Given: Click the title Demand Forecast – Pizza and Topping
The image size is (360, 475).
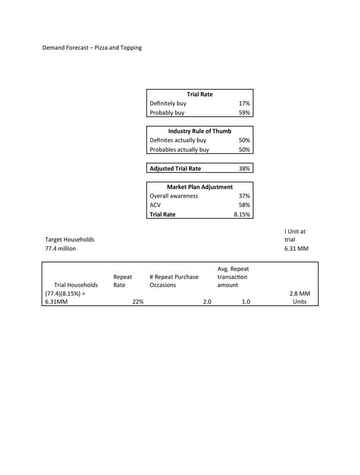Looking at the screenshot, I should (92, 47).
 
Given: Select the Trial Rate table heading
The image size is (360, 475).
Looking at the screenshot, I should (200, 94).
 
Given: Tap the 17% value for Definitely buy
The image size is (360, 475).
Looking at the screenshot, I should (244, 103).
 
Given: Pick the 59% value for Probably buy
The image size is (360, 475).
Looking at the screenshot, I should (244, 113).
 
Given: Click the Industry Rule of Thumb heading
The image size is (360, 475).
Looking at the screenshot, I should (200, 131).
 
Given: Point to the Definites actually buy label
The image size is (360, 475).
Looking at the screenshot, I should (178, 141).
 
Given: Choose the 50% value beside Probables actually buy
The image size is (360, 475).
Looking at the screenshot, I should (244, 150).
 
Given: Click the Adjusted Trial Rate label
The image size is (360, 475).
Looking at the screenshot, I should (175, 169).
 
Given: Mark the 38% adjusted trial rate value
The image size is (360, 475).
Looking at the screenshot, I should (244, 169).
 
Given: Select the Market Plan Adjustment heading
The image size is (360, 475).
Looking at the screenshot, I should (200, 187).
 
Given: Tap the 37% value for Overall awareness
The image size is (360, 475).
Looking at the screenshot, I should (244, 196).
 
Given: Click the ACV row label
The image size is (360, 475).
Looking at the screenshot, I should (155, 205).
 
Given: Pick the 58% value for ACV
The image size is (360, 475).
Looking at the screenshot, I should (244, 205).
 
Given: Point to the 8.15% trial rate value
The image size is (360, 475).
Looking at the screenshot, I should (242, 215).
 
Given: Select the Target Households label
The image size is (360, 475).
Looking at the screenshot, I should (70, 239).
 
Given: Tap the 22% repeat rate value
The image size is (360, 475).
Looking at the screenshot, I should (138, 302).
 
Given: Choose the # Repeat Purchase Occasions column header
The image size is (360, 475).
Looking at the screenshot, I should (174, 281).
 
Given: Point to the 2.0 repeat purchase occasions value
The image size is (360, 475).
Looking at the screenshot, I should (207, 302).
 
